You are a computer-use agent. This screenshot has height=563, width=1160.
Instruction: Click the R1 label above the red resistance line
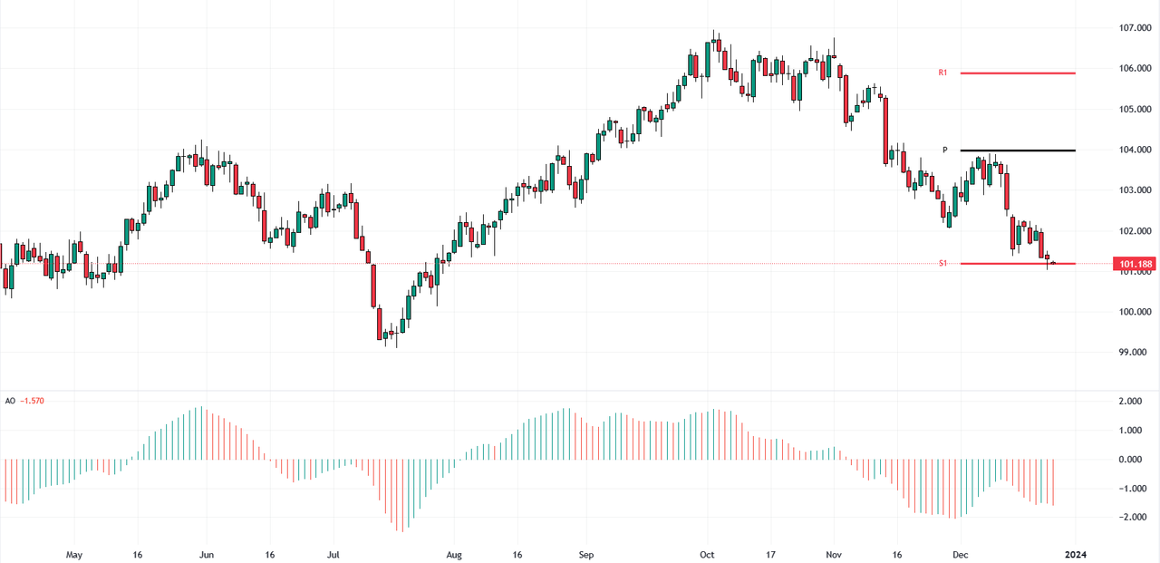click(x=942, y=72)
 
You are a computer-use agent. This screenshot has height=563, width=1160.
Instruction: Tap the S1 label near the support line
click(x=942, y=263)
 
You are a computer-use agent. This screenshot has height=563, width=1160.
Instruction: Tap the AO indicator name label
click(x=10, y=401)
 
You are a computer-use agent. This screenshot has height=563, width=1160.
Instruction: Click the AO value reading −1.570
click(x=34, y=401)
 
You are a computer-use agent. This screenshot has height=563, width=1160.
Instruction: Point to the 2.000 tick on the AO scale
click(x=1130, y=402)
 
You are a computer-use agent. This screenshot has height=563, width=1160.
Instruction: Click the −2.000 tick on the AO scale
click(x=1128, y=518)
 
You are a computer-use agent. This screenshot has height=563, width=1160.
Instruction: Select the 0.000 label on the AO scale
click(x=1130, y=460)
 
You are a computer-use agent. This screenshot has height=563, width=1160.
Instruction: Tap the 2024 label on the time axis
click(x=1076, y=554)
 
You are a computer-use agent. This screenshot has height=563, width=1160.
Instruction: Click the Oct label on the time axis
click(x=708, y=554)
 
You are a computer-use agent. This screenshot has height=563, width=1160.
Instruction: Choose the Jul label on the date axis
click(x=334, y=554)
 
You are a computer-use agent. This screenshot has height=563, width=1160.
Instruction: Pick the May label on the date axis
click(x=74, y=554)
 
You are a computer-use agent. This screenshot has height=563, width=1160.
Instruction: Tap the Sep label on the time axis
click(x=585, y=554)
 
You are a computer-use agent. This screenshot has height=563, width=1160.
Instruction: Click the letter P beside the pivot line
click(x=944, y=150)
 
